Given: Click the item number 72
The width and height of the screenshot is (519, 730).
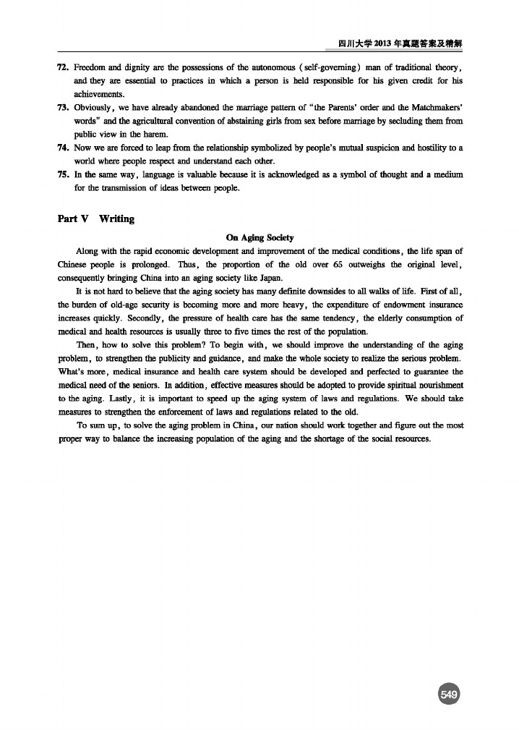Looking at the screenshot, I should click(62, 67).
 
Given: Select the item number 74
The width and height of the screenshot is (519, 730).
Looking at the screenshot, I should click(62, 148).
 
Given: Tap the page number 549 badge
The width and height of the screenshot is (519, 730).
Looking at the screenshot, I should click(448, 695).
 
